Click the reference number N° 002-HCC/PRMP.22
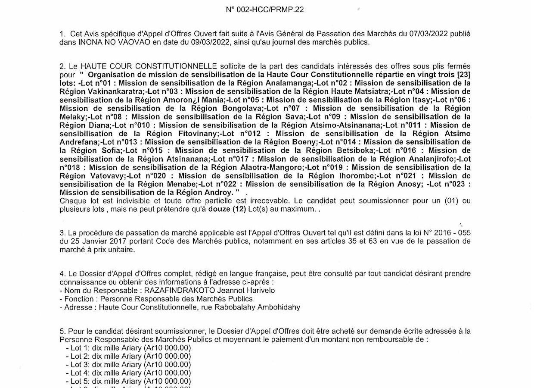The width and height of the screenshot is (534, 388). click(x=265, y=9)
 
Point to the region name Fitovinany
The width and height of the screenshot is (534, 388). click(x=199, y=134)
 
